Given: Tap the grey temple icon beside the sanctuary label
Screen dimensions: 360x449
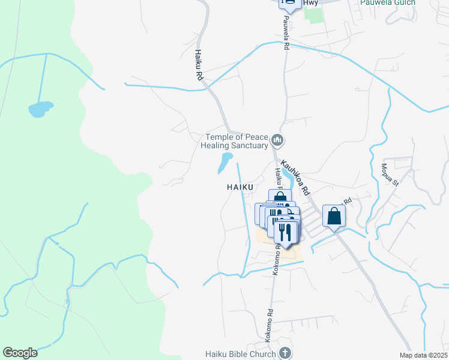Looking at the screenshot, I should (x=277, y=140).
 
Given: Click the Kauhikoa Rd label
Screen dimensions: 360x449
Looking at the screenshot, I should (x=295, y=176).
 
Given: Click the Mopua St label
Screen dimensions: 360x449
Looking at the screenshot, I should (x=390, y=174).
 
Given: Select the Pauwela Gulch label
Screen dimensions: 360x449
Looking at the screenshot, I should (x=388, y=2).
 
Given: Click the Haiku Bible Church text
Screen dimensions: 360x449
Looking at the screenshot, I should (x=240, y=353).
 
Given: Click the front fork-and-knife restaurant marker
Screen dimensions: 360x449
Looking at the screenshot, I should (x=286, y=231).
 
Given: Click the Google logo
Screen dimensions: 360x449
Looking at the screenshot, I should (x=20, y=353).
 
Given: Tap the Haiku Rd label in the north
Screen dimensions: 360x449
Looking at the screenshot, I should (x=198, y=65).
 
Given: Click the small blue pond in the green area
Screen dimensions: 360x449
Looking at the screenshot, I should (x=40, y=109).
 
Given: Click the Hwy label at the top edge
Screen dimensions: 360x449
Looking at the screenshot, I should (x=310, y=3).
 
